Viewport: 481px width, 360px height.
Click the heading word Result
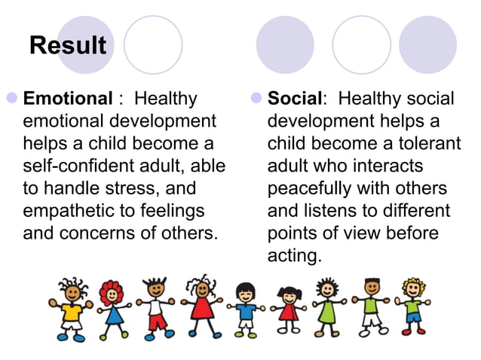[68, 46]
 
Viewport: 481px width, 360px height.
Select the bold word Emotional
[67, 99]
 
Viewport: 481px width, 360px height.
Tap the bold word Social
[295, 99]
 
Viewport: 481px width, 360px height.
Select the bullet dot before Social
[256, 99]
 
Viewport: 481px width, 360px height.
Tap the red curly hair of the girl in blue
[112, 290]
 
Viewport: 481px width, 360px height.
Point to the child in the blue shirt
[245, 310]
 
